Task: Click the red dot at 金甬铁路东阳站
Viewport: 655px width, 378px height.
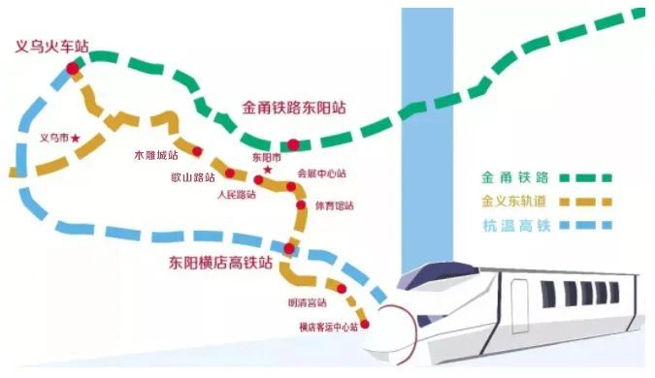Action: (x=294, y=145)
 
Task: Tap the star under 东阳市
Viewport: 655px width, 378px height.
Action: (x=269, y=170)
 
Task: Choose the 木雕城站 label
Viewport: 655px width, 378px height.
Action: (x=156, y=155)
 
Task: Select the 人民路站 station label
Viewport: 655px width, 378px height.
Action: (x=237, y=194)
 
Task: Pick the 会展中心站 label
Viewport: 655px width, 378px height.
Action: (x=321, y=173)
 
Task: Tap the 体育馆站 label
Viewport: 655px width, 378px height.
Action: (x=335, y=205)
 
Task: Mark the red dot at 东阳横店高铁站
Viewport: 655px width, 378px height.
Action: (x=288, y=249)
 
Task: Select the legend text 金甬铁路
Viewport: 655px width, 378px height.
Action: (x=515, y=177)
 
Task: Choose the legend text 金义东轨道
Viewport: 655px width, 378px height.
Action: (x=520, y=203)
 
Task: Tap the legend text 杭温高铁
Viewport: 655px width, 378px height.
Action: (x=515, y=227)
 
